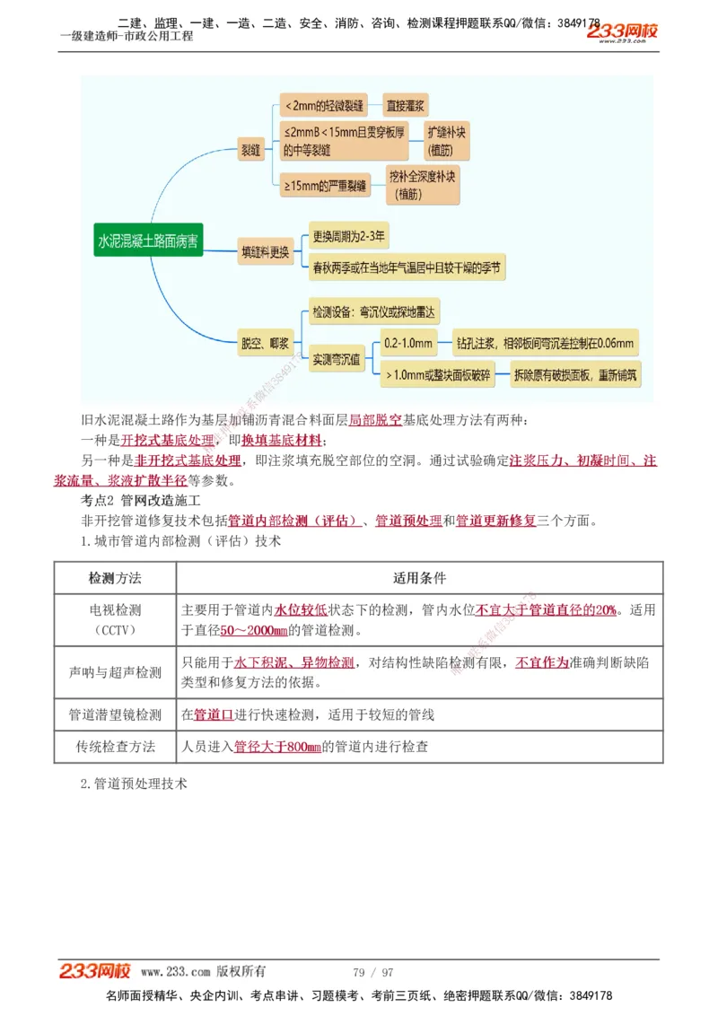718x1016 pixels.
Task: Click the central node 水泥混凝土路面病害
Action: pos(150,241)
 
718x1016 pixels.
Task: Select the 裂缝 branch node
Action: pos(250,148)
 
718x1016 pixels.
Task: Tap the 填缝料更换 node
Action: pos(267,253)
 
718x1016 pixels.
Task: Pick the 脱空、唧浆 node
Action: pos(266,343)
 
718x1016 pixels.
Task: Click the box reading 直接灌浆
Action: pos(406,105)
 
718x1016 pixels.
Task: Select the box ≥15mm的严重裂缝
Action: pos(326,187)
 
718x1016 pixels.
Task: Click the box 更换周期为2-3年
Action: pos(349,238)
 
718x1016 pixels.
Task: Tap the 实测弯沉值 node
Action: pos(337,360)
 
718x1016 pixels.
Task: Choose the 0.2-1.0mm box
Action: pos(408,343)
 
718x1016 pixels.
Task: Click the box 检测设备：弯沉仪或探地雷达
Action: pos(372,313)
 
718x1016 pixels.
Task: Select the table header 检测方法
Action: pos(115,578)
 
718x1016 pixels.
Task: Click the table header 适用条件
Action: pos(419,578)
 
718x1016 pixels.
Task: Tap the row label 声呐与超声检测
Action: pos(115,672)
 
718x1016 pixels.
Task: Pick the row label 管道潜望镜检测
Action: pos(115,715)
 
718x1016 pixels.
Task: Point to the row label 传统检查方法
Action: pos(115,746)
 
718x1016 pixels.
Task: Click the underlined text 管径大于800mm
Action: pos(277,747)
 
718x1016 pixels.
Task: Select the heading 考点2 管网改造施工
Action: pos(140,499)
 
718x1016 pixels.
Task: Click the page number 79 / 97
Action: pos(373,972)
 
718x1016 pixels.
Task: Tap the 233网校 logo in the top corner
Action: pos(623,32)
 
